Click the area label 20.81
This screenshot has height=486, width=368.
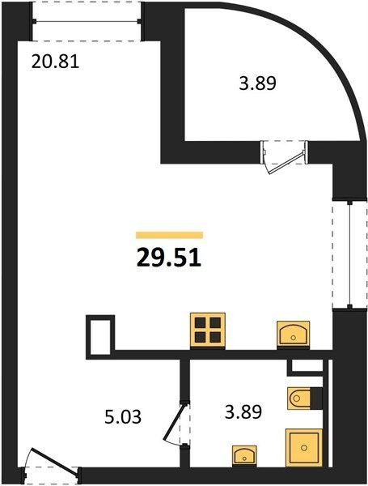(56, 62)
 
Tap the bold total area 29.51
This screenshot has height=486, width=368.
(169, 258)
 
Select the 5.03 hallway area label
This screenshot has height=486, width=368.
(123, 416)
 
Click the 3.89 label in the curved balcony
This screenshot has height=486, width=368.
(257, 83)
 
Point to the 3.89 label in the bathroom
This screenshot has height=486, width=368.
(243, 412)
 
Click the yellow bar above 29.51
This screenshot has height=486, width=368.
(169, 235)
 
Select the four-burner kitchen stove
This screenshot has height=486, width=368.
(208, 331)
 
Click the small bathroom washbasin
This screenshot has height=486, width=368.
(244, 456)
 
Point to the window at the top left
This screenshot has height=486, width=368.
(87, 21)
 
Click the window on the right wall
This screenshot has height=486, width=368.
(349, 254)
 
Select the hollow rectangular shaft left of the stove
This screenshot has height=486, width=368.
(100, 337)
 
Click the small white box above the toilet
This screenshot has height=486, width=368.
(307, 366)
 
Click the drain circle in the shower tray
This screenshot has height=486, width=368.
(304, 448)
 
